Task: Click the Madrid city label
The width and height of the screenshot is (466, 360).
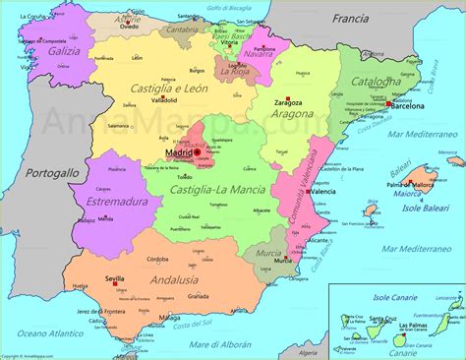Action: (179, 153)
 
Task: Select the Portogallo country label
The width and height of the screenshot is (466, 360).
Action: (51, 172)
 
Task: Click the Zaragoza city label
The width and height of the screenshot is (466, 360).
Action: (288, 102)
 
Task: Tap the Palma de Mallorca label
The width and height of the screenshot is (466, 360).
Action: (411, 184)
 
